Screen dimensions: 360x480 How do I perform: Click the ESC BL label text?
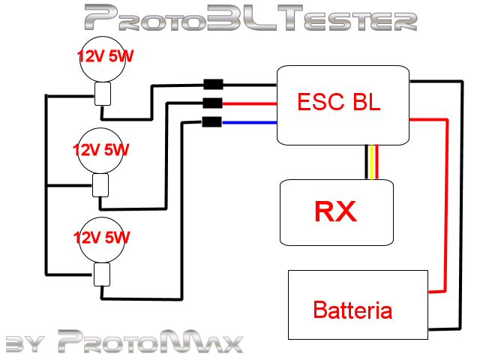[x=339, y=102]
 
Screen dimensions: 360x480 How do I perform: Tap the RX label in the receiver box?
[x=335, y=212]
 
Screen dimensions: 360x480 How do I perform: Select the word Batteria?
[x=352, y=309]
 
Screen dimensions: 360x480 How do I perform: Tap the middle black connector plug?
[x=212, y=103]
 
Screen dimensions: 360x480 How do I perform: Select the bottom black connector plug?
[x=212, y=122]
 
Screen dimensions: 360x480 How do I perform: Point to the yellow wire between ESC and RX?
[x=372, y=161]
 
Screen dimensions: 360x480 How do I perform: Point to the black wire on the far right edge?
[x=459, y=202]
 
